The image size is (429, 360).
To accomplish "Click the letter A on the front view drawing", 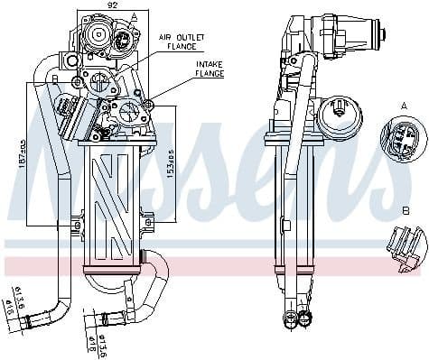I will (x=134, y=17).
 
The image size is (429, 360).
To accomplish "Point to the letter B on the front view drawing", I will (x=55, y=79).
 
